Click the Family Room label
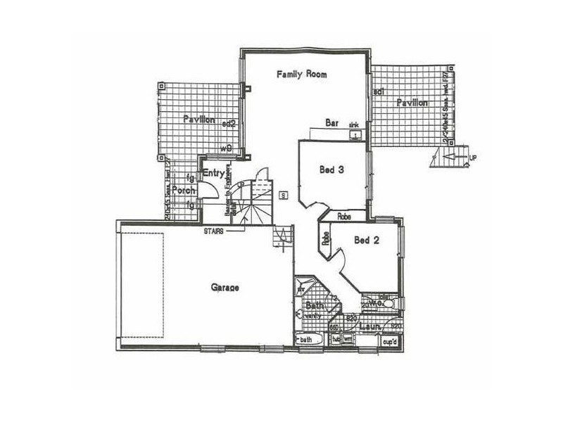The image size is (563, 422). [302, 74]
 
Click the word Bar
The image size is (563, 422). [332, 123]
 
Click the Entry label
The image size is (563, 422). [213, 173]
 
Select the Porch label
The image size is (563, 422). [184, 190]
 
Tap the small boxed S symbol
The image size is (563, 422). [282, 195]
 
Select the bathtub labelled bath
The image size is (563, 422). [308, 341]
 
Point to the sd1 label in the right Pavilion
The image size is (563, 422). [378, 92]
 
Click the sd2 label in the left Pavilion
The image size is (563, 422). [228, 122]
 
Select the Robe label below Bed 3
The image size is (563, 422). [345, 216]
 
